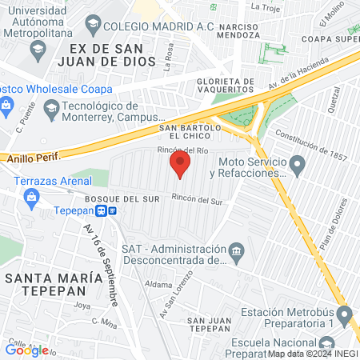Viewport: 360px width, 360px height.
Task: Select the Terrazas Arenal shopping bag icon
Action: (x=32, y=198)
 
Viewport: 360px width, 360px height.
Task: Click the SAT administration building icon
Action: (x=237, y=254)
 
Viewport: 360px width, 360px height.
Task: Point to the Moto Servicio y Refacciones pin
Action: (x=298, y=166)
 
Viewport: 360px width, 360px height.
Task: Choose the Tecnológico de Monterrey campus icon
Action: (x=52, y=107)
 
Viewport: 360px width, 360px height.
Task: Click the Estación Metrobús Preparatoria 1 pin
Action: (x=345, y=318)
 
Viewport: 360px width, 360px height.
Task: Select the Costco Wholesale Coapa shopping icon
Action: (x=5, y=104)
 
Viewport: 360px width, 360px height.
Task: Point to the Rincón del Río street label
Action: (x=188, y=150)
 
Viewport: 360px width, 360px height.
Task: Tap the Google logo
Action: (x=27, y=350)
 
